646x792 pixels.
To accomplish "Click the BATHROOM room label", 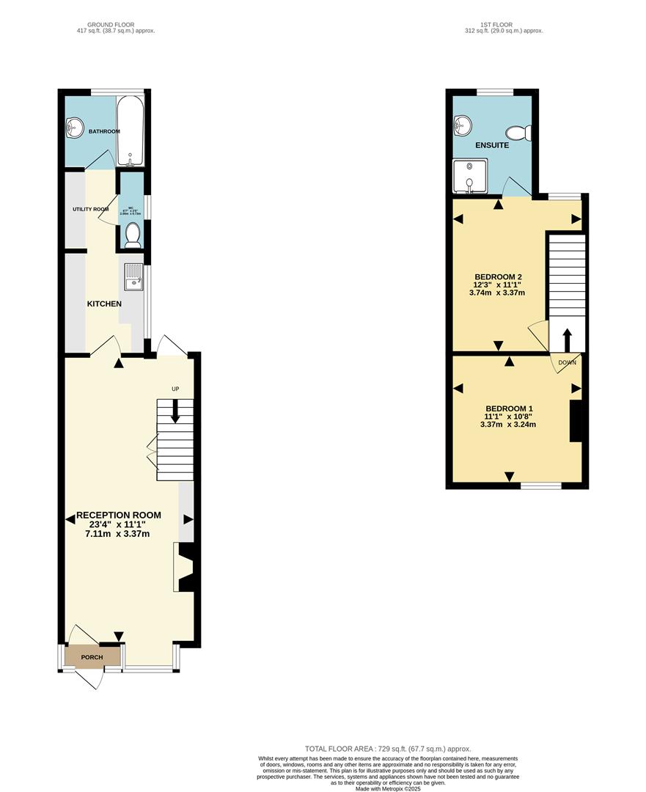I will [x=104, y=131].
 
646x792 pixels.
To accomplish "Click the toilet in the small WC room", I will [x=132, y=235].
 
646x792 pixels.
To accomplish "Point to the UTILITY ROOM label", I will [x=90, y=210].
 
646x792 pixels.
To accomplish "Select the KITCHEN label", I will [x=105, y=304].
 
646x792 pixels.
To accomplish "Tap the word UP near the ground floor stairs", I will [x=175, y=389].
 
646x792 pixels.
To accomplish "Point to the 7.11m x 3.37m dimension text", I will [x=117, y=534].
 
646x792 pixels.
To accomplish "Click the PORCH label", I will [x=92, y=657].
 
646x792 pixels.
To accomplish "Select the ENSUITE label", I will [x=491, y=145].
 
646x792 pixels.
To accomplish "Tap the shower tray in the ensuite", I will [x=466, y=178].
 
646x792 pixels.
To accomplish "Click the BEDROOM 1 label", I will [x=509, y=408].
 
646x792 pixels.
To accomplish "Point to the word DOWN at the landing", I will [x=567, y=362].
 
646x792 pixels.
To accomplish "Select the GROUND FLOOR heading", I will [x=116, y=25].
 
